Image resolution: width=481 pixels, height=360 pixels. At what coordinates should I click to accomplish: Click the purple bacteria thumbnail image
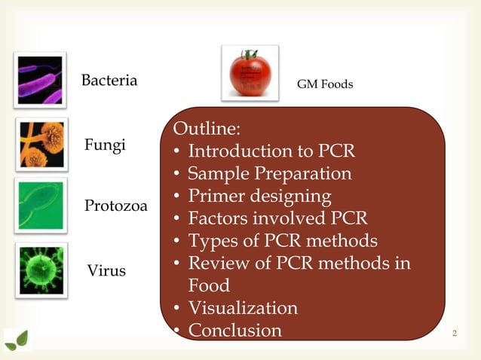[40, 79]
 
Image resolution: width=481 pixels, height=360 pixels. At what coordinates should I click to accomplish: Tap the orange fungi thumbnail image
[41, 143]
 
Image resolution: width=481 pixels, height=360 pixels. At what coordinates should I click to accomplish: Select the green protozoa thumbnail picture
[41, 205]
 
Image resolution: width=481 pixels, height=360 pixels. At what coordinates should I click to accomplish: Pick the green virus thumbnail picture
[41, 269]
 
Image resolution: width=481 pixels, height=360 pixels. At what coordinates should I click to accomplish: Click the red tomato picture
[250, 73]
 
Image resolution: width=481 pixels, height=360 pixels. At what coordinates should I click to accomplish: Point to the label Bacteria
[109, 80]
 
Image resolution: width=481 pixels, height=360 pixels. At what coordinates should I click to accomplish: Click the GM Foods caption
[324, 84]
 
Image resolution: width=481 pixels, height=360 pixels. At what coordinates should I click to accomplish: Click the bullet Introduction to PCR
[271, 151]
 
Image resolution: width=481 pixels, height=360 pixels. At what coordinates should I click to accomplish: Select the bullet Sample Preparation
[269, 173]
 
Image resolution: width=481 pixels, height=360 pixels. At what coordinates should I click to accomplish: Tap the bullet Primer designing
[259, 196]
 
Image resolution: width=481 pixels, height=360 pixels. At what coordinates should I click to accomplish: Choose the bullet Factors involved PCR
[277, 218]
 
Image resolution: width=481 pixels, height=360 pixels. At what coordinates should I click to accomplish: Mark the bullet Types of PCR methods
[282, 241]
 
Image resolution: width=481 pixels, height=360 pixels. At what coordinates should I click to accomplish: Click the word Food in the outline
[209, 286]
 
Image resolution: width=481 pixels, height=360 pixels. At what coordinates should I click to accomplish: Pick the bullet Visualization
[242, 308]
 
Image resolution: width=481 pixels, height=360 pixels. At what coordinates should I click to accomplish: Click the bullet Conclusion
[234, 331]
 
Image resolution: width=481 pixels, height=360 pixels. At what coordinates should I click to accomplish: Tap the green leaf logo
[17, 340]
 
